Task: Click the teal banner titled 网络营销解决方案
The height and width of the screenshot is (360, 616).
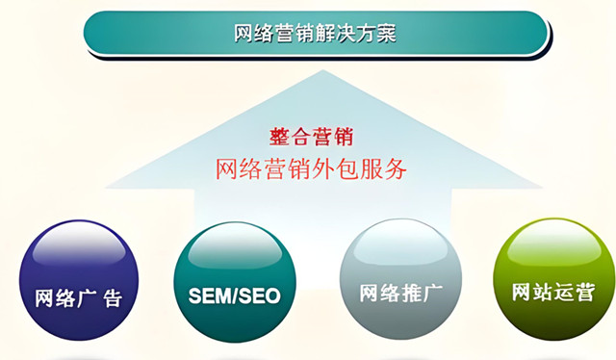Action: click(316, 33)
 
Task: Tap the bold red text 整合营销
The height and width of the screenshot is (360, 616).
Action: click(311, 137)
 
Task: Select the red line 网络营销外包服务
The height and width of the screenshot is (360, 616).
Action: click(311, 169)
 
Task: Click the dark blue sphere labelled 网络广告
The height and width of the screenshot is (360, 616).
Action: click(79, 280)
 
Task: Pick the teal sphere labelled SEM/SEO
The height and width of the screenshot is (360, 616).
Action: click(235, 281)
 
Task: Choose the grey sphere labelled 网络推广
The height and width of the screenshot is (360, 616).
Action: click(400, 279)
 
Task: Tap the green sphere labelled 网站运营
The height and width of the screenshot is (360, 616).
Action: click(554, 279)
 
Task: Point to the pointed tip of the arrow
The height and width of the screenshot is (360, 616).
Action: click(323, 70)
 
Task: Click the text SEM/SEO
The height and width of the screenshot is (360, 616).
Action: click(235, 296)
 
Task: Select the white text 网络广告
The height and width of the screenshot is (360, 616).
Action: click(79, 298)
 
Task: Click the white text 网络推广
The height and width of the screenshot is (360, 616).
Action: click(401, 294)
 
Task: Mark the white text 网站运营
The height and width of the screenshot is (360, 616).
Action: click(553, 293)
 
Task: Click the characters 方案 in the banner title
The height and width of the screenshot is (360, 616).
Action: click(376, 33)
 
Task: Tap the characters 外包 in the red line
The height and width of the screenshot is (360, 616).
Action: click(335, 169)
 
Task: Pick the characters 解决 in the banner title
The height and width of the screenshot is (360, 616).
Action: click(336, 33)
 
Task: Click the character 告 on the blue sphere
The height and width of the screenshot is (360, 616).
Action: click(113, 298)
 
